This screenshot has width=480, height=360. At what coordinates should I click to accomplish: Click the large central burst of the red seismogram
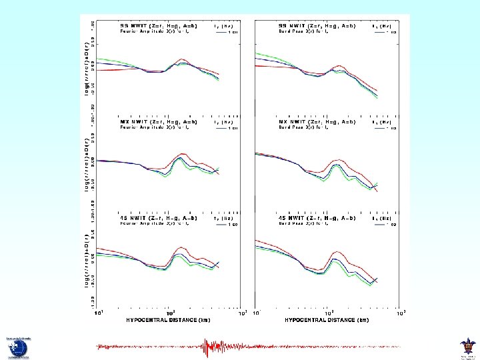point(212,347)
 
